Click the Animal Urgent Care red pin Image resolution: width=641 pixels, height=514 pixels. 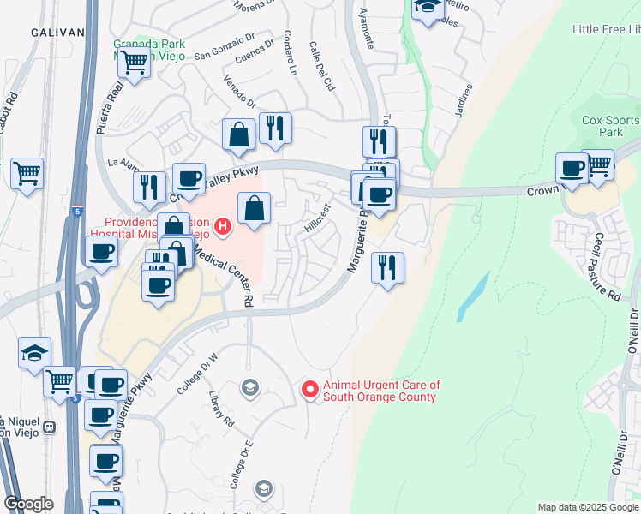310,390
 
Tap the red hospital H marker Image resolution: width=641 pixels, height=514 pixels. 223,227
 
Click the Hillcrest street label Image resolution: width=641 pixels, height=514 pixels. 317,218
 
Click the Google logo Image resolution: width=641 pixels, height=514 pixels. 28,504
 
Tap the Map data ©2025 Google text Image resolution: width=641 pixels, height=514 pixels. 587,507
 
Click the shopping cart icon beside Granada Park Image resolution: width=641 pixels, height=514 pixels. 134,63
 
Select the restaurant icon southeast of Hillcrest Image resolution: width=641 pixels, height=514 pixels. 387,268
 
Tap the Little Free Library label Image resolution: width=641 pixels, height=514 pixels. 606,30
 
